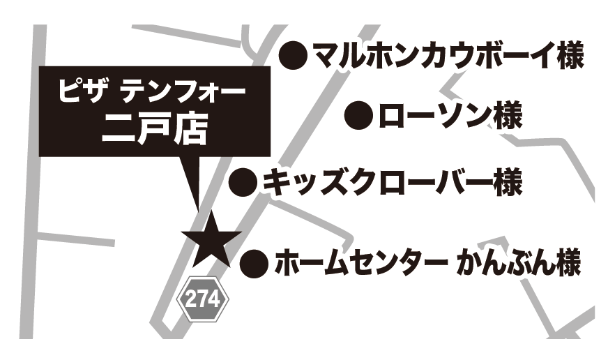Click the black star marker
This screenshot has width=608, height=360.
tap(211, 238)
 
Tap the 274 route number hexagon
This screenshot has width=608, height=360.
tap(204, 301)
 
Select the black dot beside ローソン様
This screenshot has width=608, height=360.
tap(360, 114)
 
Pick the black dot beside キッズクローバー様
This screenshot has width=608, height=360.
tap(244, 182)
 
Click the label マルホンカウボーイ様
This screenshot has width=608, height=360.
tap(447, 54)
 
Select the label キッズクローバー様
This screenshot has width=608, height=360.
tap(391, 182)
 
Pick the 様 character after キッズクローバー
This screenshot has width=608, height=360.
tap(505, 182)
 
